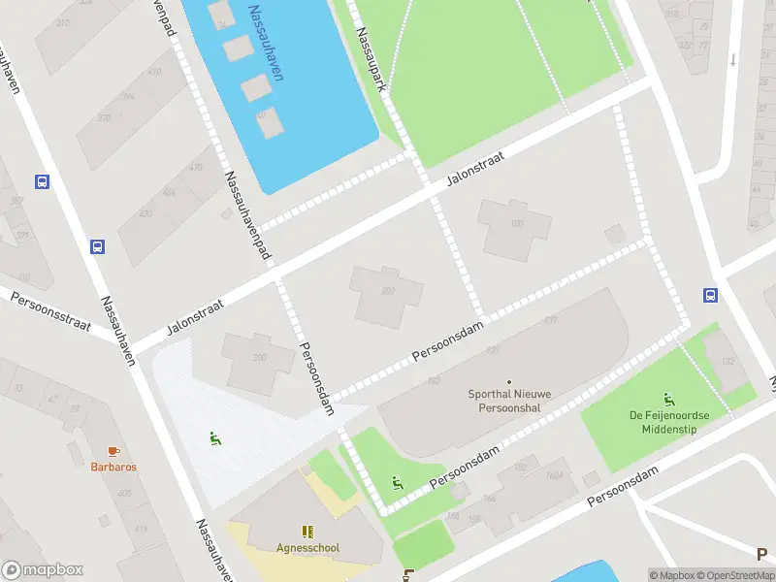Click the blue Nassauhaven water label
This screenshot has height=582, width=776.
(x=265, y=44)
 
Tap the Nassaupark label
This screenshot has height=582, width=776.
(x=372, y=59)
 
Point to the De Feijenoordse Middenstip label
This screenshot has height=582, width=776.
(x=668, y=422)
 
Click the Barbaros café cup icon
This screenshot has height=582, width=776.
(x=113, y=451)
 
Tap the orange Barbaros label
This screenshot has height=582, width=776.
(x=113, y=467)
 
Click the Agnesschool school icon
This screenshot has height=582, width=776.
(x=307, y=531)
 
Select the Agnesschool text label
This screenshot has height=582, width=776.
(x=307, y=547)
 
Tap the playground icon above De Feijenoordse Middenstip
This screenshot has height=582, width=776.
(x=668, y=399)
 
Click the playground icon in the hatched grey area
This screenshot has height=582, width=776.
(x=214, y=438)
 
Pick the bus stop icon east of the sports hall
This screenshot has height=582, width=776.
(x=710, y=296)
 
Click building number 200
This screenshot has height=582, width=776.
(x=388, y=291)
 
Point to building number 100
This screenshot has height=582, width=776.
(x=516, y=225)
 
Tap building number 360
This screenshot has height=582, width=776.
(x=259, y=357)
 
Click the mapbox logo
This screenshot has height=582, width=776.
(x=43, y=570)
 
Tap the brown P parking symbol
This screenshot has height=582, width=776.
(x=762, y=554)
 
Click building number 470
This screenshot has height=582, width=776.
(x=195, y=167)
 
